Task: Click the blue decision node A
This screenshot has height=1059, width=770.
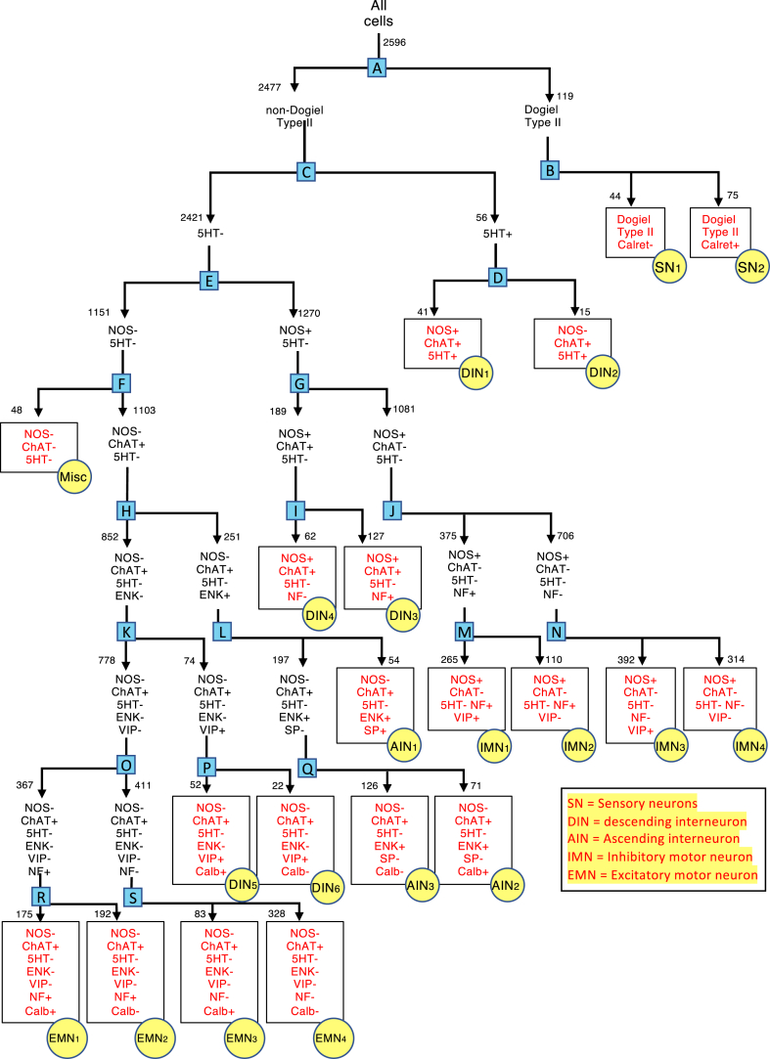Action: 378,66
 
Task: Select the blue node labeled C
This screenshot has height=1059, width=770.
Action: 305,172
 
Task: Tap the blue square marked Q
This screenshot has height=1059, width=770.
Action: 306,768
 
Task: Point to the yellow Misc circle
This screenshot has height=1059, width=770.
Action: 70,476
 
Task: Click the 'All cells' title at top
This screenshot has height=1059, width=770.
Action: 378,16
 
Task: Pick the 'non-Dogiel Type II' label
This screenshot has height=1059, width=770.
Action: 294,117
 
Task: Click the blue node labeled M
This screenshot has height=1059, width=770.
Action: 465,633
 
